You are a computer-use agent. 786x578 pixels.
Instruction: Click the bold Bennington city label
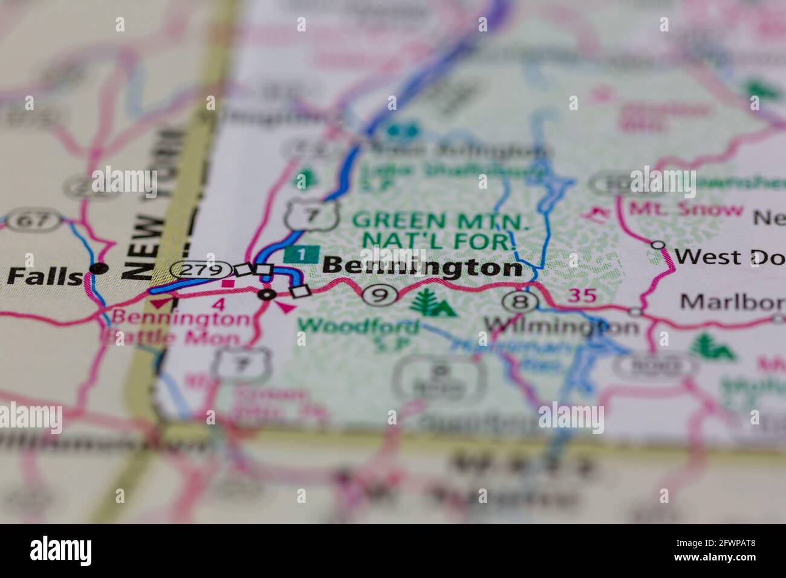coord(421,267)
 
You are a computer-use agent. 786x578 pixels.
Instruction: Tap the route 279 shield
coord(200,270)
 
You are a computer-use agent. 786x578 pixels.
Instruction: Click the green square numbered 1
coord(302,255)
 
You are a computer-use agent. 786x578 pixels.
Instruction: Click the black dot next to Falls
coord(99,268)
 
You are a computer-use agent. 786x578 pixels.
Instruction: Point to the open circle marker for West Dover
coord(658,245)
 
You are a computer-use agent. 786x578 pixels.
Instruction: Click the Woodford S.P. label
coord(359,333)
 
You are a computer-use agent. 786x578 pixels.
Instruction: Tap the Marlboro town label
coord(732,301)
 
